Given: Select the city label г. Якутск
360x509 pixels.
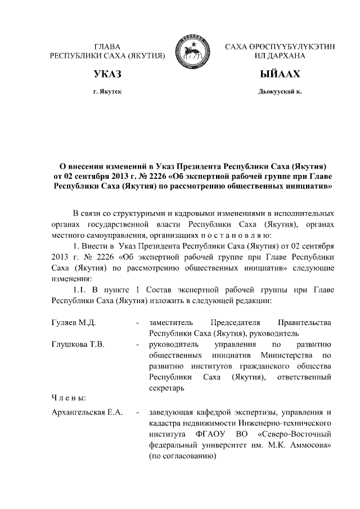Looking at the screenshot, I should pyautogui.click(x=107, y=91).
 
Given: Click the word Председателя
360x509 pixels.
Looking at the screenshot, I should pyautogui.click(x=235, y=323).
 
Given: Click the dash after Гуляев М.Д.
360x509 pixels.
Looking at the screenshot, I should pyautogui.click(x=138, y=323).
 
